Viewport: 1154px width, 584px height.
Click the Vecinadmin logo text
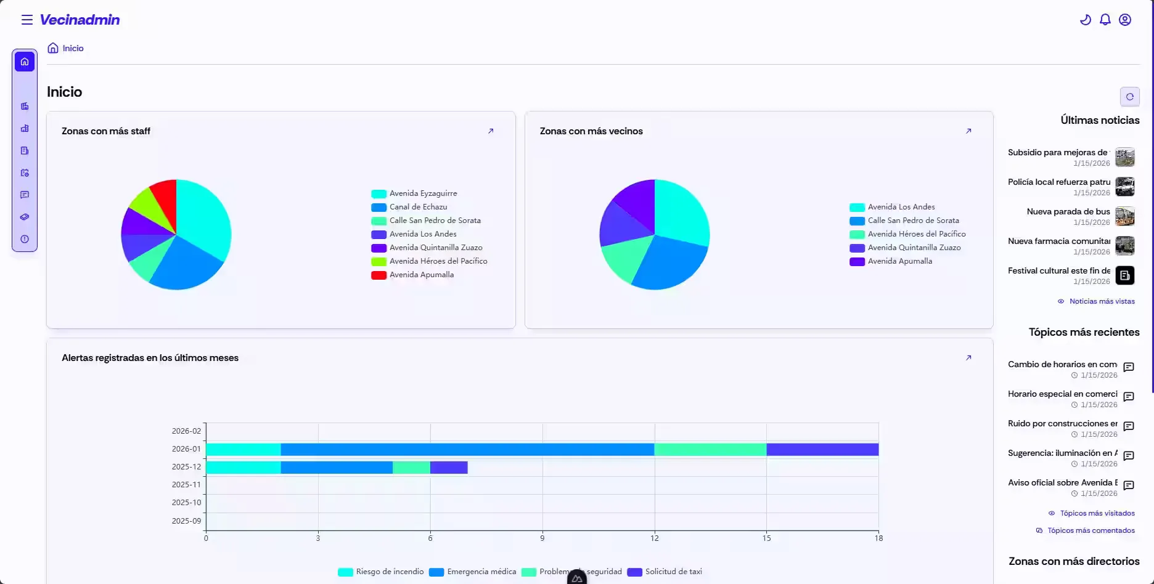tap(80, 20)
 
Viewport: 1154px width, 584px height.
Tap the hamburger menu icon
tap(27, 20)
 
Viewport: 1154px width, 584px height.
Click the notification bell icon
tap(1105, 20)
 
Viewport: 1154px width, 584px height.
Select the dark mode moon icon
tap(1086, 20)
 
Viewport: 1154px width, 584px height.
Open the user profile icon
tap(1125, 20)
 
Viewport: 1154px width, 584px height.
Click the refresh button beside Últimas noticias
tap(1129, 97)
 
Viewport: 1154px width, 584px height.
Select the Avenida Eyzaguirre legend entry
tap(423, 193)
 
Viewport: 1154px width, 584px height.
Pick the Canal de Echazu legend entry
tap(418, 207)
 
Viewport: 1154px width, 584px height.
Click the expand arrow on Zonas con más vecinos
tap(968, 131)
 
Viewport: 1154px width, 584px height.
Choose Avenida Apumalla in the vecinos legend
tap(899, 261)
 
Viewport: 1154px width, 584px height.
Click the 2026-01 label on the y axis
tap(186, 449)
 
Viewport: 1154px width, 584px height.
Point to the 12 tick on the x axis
tap(654, 538)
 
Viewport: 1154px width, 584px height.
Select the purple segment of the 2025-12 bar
tap(449, 468)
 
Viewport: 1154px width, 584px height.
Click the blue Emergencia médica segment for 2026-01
tap(467, 450)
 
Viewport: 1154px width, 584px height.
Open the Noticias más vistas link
tap(1102, 301)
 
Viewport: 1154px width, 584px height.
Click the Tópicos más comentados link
tap(1091, 530)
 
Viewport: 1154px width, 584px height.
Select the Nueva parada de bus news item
tap(1068, 212)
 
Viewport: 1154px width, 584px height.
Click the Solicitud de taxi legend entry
tap(673, 572)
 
